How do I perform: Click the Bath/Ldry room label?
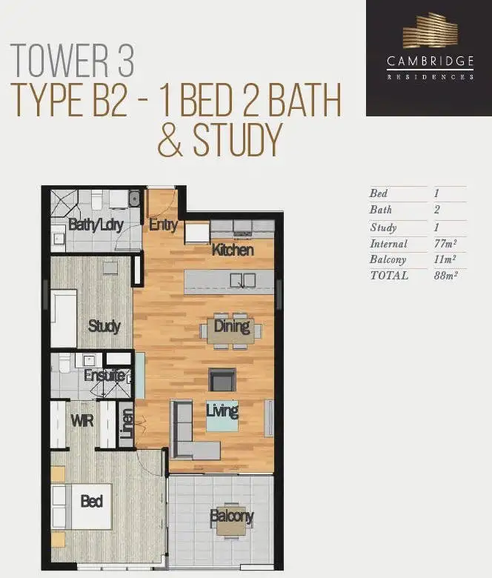(95, 225)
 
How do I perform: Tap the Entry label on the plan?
(162, 225)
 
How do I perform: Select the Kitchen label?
(233, 250)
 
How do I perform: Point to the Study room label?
(104, 326)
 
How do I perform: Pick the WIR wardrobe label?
(82, 421)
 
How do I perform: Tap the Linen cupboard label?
(126, 428)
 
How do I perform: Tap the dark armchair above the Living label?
(222, 380)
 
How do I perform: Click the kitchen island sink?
(242, 280)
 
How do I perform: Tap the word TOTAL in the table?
(389, 276)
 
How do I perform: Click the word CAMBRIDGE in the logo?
(430, 63)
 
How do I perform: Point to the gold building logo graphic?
(430, 33)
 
